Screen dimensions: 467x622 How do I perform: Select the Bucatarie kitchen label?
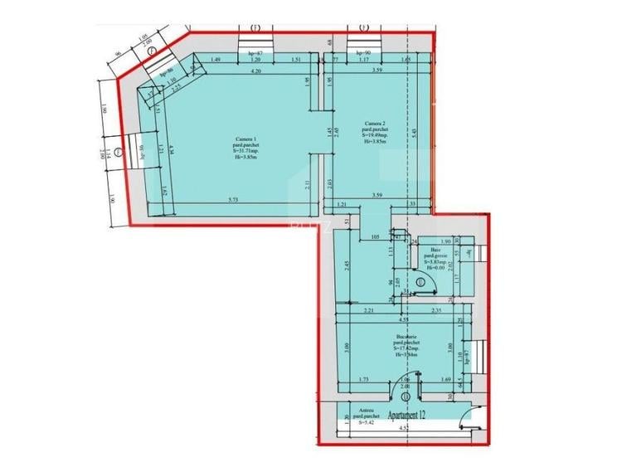(x=407, y=337)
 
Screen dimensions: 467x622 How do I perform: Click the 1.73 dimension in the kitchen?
(x=364, y=380)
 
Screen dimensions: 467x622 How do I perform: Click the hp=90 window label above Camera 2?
(x=362, y=52)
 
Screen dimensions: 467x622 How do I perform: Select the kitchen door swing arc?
(x=401, y=379)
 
